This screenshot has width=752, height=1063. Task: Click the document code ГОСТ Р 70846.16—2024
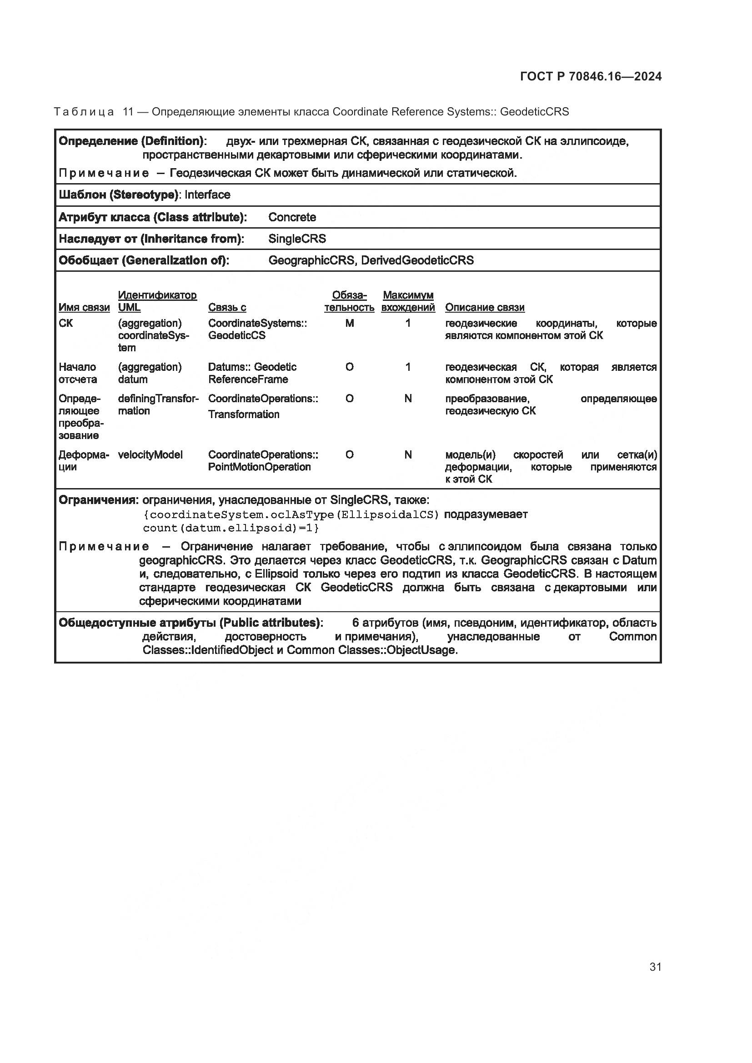pos(591,77)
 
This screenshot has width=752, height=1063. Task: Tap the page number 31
pos(655,967)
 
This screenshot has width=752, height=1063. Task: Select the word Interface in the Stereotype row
pos(207,195)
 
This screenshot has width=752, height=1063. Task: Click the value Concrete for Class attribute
pos(292,217)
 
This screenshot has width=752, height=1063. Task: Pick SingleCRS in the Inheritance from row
pos(297,239)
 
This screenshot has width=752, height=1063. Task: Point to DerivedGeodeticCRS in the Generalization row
pos(417,260)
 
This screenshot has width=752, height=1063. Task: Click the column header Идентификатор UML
pos(157,301)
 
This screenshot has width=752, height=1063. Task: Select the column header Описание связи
pos(484,307)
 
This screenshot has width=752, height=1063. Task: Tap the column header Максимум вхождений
pos(407,301)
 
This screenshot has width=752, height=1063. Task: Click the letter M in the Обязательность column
pos(349,324)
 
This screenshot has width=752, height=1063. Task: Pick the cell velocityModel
pos(150,454)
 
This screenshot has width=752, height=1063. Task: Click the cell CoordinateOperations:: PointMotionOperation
pos(262,461)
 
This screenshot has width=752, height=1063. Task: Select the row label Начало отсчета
pos(78,373)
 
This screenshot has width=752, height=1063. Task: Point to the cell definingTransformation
pos(158,404)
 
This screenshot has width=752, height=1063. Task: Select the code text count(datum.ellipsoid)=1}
pos(231,528)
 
